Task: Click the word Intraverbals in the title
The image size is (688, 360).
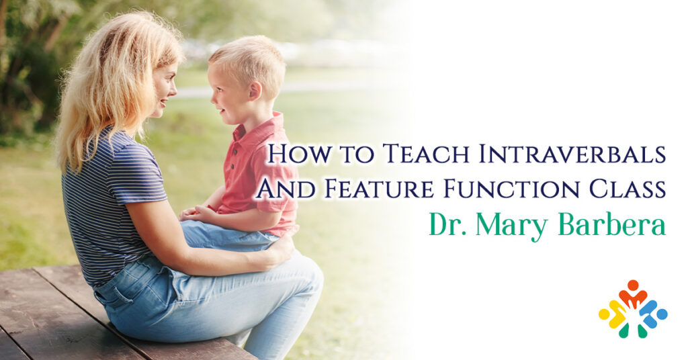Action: pos(572,154)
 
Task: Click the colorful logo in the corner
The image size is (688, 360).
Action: pos(633,309)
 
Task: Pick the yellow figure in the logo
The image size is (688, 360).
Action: pos(613,314)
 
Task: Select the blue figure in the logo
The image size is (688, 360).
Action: pos(653,313)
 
